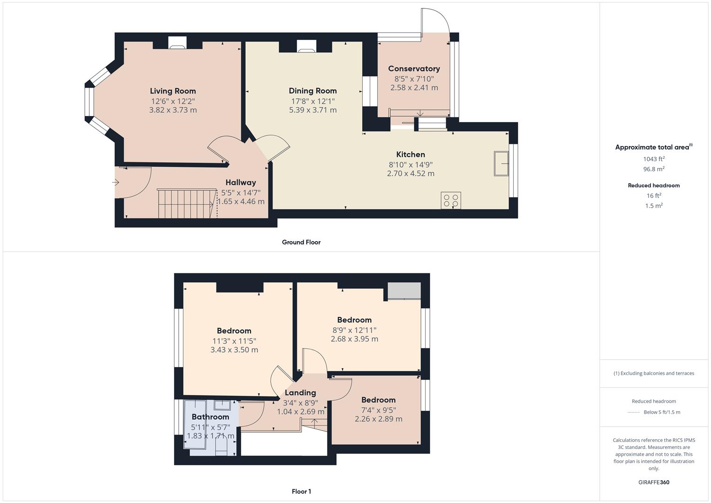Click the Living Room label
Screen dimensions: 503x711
(173, 91)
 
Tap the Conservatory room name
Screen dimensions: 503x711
(414, 68)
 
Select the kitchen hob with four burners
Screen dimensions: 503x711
(451, 200)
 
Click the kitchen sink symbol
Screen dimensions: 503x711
(501, 163)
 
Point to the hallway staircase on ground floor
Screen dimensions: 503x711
(187, 204)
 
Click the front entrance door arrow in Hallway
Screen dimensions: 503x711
(116, 183)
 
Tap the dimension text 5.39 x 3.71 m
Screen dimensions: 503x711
(312, 110)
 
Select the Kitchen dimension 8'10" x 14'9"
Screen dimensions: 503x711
(411, 164)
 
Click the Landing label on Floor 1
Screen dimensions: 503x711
(300, 393)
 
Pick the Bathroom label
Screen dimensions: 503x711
(210, 417)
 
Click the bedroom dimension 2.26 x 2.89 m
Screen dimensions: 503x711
(379, 419)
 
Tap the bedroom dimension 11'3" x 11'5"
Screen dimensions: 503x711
(234, 341)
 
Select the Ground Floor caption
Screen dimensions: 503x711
(301, 242)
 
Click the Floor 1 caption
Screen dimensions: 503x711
(301, 491)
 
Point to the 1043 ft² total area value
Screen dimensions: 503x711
(654, 159)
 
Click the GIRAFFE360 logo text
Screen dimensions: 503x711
(654, 482)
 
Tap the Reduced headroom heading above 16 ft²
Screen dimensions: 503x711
(654, 185)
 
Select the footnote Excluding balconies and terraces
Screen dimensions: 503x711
(654, 373)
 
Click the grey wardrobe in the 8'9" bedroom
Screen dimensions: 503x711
(404, 291)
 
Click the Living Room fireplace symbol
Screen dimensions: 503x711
(177, 43)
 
